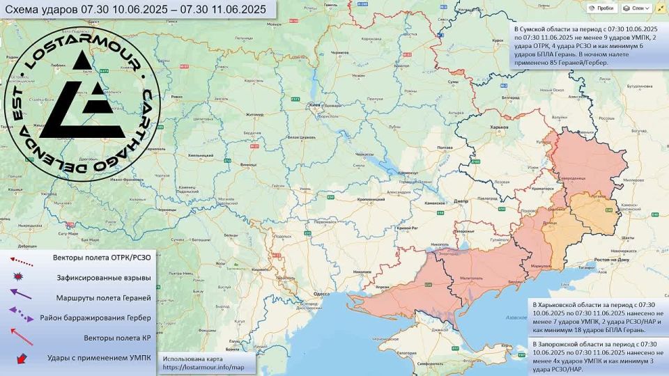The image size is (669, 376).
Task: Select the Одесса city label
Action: click(321, 295)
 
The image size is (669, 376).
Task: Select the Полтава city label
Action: click(445, 148)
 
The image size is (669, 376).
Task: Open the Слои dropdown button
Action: click(638, 8)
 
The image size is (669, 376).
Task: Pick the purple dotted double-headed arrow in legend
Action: click(21, 317)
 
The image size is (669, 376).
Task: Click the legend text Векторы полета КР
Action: click(116, 338)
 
